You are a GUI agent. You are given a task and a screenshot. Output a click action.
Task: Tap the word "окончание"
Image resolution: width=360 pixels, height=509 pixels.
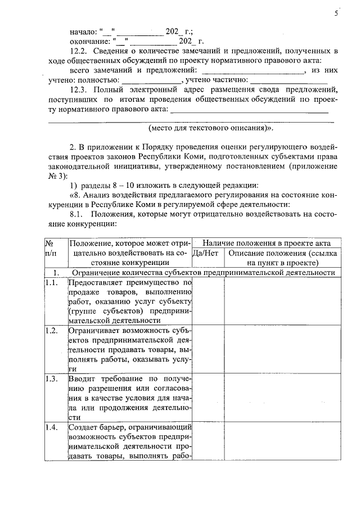89,42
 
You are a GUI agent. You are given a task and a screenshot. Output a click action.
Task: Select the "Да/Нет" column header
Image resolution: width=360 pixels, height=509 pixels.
205,253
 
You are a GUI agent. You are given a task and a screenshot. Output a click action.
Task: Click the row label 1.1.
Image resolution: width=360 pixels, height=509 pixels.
51,283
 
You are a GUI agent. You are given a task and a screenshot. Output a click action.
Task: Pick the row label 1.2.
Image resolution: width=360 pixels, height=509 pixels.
51,330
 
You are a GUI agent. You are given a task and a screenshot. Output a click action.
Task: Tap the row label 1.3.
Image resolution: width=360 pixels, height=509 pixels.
51,378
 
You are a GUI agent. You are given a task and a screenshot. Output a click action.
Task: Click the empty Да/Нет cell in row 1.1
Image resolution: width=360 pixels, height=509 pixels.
208,301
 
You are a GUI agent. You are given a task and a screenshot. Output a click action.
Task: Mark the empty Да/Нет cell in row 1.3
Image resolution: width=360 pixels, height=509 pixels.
208,397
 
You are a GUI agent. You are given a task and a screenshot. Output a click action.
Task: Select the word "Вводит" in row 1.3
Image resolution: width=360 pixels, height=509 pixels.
82,378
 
